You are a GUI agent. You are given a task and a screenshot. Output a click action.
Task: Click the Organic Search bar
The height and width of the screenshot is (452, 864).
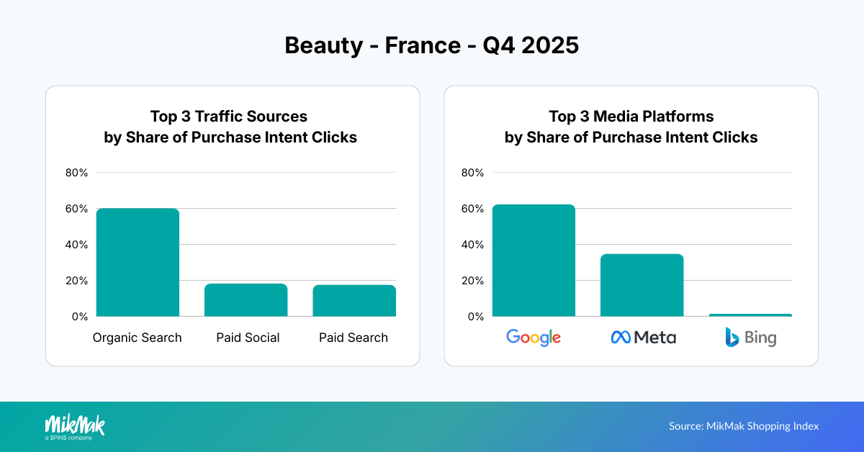(138, 263)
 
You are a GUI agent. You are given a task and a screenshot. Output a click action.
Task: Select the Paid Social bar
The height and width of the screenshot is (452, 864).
(246, 300)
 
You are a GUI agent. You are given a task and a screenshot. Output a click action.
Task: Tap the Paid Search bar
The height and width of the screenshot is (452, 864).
(354, 301)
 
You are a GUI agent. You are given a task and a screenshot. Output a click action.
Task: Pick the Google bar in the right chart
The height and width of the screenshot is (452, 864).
(534, 261)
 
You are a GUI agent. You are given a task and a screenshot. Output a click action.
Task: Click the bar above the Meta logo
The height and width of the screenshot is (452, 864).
(642, 285)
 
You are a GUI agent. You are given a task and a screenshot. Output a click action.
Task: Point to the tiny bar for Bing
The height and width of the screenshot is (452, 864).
(750, 315)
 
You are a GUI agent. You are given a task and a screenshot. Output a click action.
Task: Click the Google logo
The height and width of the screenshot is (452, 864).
(534, 337)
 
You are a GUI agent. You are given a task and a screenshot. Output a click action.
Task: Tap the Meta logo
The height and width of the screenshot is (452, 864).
(643, 337)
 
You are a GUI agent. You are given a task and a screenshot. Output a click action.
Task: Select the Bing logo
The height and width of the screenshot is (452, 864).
(750, 337)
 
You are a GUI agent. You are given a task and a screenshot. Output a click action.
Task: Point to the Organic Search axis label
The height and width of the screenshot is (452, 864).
(138, 338)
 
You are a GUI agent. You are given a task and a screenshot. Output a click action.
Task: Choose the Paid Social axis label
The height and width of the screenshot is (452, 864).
(248, 338)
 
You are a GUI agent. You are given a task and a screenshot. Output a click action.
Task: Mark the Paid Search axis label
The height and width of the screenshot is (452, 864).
(354, 338)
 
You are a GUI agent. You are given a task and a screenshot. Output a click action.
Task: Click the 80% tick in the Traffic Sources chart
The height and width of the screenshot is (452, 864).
(76, 173)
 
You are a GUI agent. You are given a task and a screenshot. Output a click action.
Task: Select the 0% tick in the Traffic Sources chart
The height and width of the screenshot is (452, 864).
(79, 317)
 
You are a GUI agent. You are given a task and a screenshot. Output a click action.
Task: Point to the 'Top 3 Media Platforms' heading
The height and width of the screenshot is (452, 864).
(631, 116)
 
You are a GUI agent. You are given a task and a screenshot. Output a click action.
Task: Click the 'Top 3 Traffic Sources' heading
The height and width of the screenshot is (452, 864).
(228, 116)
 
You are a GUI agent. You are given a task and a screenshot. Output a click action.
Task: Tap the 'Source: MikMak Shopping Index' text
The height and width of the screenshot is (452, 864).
(744, 426)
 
